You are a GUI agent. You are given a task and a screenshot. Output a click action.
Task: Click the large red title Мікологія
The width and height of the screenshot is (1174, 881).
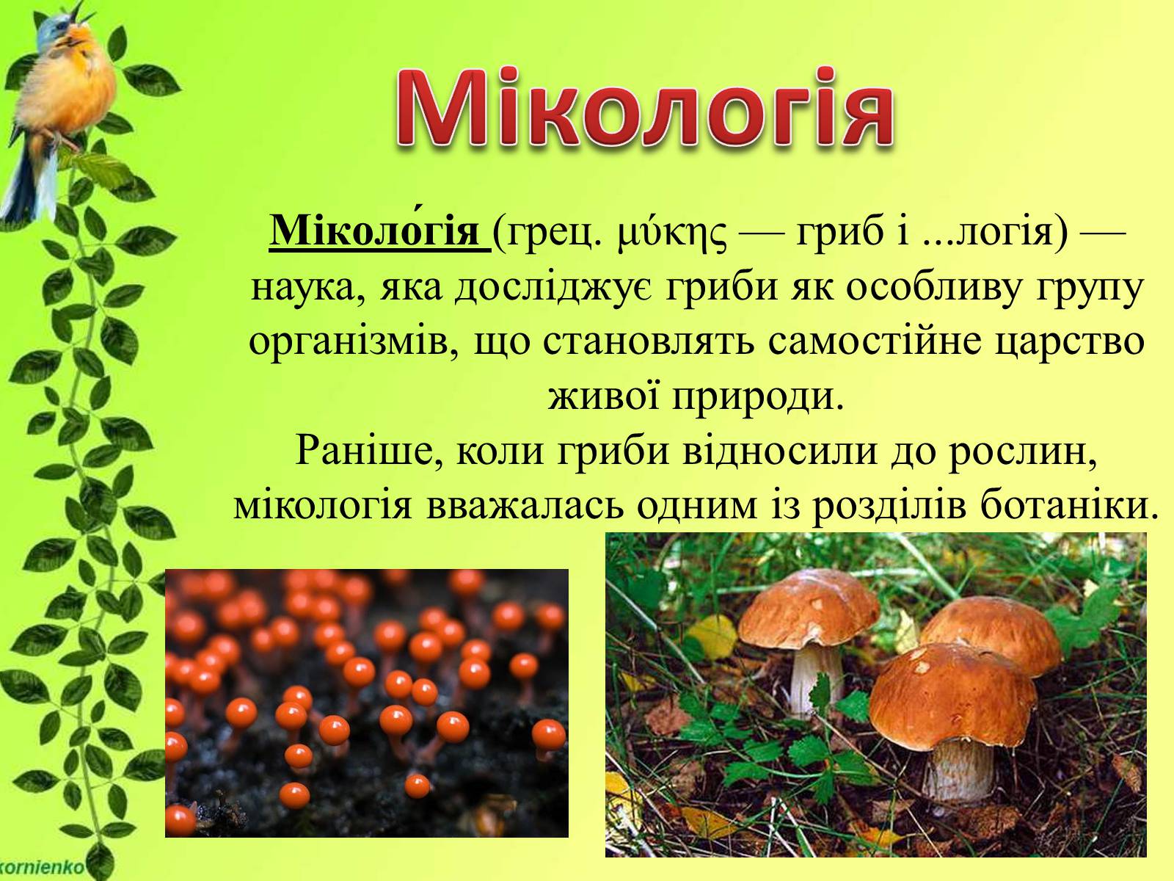coord(644,109)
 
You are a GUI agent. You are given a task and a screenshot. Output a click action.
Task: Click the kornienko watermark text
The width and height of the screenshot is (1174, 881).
coord(42,866)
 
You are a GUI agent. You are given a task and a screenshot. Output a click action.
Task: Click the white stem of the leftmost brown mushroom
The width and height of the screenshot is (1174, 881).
coord(816,679)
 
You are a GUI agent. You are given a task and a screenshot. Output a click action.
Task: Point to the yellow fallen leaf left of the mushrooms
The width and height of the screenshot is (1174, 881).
coord(711,637)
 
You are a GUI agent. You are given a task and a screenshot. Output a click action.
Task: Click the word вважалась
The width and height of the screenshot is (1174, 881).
coord(525,506)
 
